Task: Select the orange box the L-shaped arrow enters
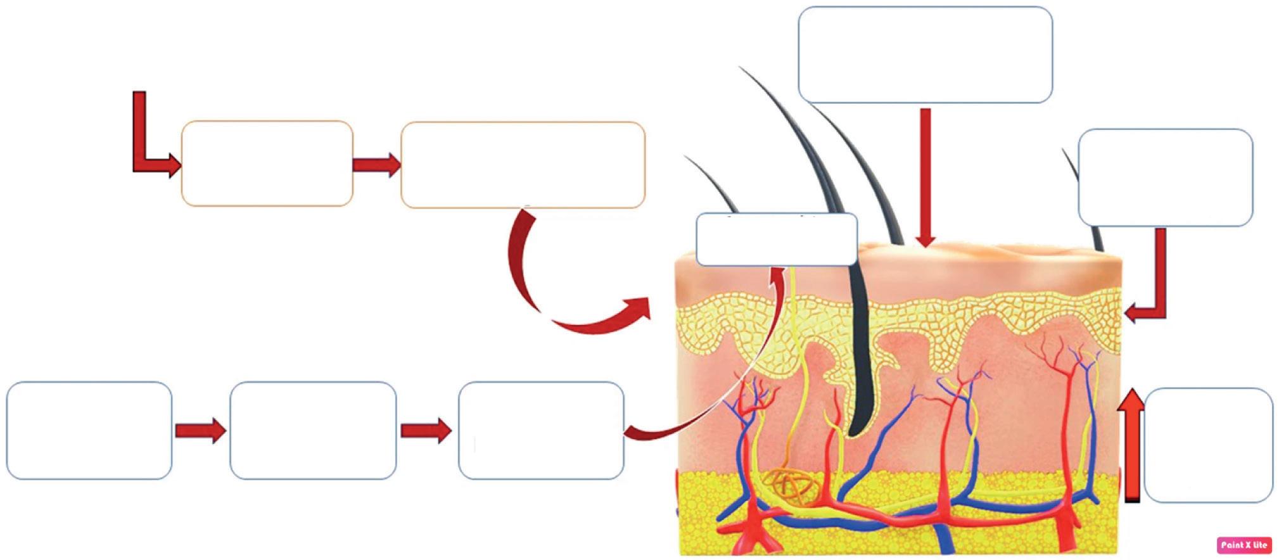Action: coord(267,163)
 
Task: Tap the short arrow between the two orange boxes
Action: coord(376,165)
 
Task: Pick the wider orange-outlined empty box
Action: coord(523,165)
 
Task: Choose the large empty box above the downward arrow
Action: coord(925,54)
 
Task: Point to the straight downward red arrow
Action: coord(926,177)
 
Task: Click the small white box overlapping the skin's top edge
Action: coord(776,239)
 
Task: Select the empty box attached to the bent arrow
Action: coord(1165,177)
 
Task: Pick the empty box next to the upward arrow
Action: coord(1208,445)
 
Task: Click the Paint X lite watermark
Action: coord(1244,545)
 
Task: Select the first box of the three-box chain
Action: coord(89,430)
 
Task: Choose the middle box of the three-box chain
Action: coord(313,430)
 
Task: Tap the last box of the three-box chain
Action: coord(541,430)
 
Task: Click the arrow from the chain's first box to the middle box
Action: coord(200,431)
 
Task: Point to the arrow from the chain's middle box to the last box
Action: coord(426,431)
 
